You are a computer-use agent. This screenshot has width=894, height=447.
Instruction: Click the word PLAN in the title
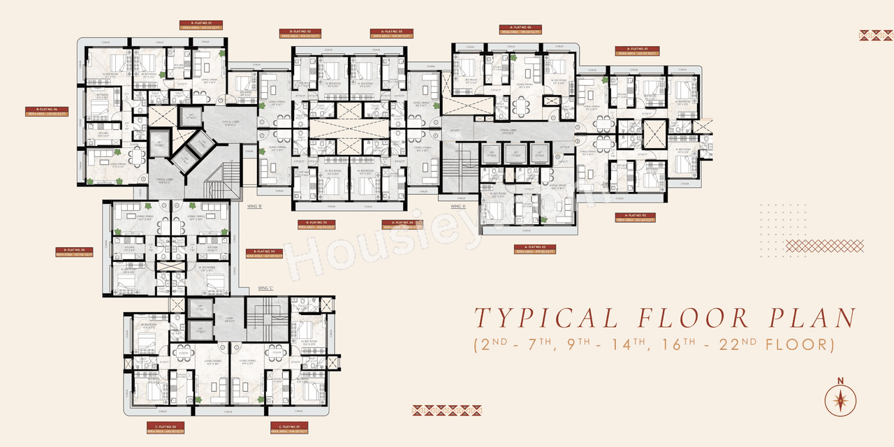(x=812, y=318)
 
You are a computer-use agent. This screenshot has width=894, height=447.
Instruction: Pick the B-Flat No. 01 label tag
(x=200, y=25)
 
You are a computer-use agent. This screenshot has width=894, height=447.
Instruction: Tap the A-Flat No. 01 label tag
(x=637, y=51)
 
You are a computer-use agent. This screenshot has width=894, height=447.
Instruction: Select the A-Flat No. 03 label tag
(x=534, y=249)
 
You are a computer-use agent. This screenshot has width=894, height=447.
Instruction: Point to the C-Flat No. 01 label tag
(x=289, y=426)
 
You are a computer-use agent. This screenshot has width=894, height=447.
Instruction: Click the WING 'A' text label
(x=458, y=207)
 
